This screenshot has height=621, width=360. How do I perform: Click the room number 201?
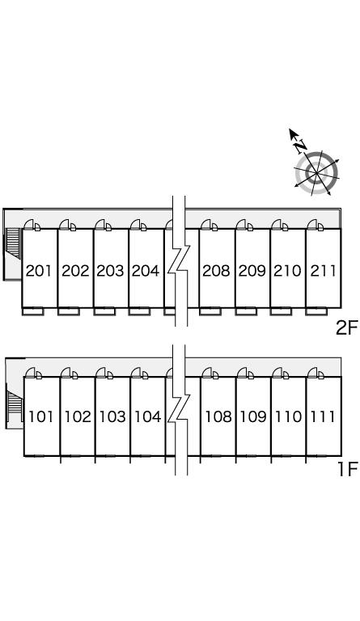39,271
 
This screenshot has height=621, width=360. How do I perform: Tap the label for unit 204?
146,271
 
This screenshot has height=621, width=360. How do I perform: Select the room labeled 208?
216,271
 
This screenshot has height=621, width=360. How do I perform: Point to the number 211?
323,271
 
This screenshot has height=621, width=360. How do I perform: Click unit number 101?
40,416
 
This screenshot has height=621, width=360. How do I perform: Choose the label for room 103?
112,416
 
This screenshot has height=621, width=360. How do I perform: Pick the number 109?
253,416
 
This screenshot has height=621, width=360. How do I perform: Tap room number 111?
323,416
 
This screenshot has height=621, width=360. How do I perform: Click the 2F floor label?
346,328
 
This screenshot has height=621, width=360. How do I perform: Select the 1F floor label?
348,470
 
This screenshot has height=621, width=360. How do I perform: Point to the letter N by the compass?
301,147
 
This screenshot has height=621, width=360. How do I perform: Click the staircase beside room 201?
13,243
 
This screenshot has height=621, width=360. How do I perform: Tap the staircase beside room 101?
15,405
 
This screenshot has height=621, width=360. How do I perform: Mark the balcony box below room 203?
104,311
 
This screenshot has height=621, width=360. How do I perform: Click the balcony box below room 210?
281,311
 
